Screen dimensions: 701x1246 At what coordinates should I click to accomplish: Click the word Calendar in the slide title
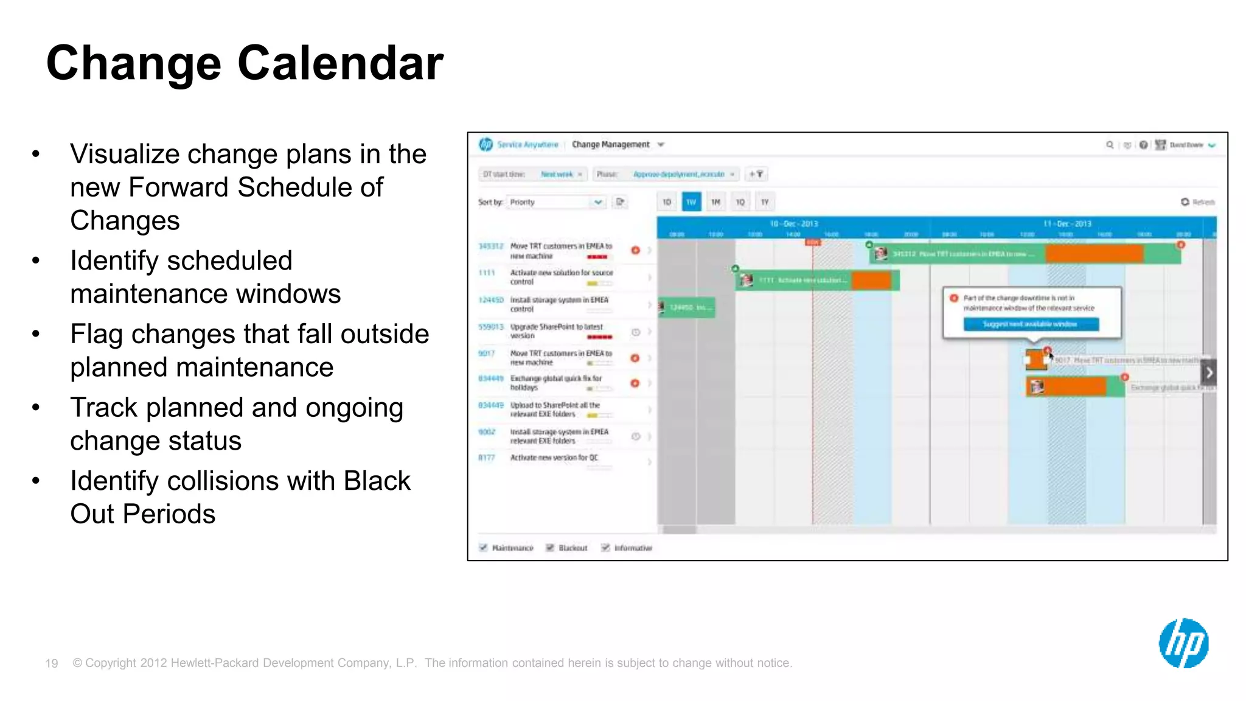click(x=340, y=63)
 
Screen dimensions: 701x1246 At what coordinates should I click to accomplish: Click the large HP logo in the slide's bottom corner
click(x=1183, y=643)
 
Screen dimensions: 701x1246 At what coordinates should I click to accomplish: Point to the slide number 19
click(x=52, y=663)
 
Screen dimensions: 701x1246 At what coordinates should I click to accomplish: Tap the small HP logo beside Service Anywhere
click(x=486, y=144)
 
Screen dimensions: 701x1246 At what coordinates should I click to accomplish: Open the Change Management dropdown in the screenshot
click(x=661, y=145)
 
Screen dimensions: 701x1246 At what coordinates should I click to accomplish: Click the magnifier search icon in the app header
click(x=1109, y=145)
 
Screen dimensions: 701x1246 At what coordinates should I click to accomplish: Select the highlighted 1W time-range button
click(x=691, y=202)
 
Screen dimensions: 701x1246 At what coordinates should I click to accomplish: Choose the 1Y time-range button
click(x=765, y=202)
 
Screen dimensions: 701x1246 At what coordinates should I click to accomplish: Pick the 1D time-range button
click(x=667, y=202)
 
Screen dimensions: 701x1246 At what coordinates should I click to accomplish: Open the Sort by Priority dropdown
click(x=556, y=202)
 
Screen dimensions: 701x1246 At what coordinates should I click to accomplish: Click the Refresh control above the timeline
click(x=1197, y=202)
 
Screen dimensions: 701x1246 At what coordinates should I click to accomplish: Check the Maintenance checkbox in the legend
click(x=484, y=548)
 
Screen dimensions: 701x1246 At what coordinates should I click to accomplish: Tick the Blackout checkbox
click(x=550, y=548)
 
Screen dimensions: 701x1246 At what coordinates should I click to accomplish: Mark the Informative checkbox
click(x=605, y=548)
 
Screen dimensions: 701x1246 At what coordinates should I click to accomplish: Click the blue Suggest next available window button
click(x=1031, y=324)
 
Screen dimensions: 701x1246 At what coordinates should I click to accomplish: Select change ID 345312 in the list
click(x=490, y=246)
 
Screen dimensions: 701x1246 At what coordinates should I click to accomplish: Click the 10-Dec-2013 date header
click(x=793, y=224)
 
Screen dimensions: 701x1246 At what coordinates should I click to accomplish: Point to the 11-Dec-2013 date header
click(x=1067, y=224)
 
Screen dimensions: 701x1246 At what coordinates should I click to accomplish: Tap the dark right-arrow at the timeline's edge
click(x=1209, y=372)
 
